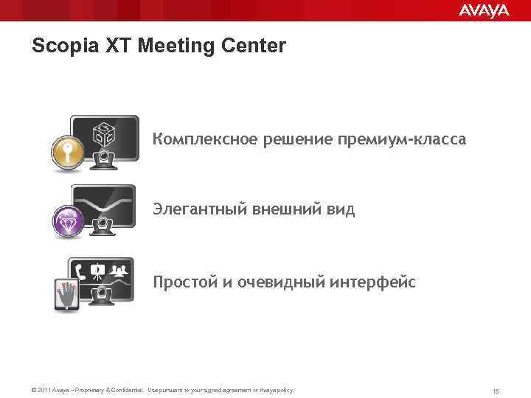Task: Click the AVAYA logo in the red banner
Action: (483, 10)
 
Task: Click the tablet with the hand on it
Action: (68, 294)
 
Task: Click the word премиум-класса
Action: (402, 139)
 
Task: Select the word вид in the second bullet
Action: (340, 209)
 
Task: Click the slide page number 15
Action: (496, 390)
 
